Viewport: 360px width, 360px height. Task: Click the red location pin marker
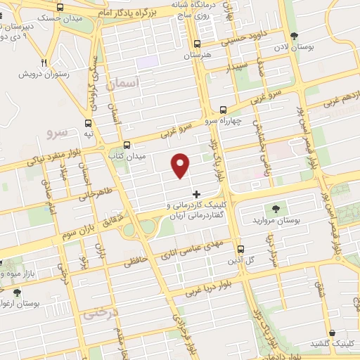[x=181, y=165]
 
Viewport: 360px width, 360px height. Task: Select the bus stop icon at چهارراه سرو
[x=223, y=110]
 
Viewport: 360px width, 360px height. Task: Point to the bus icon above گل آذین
[x=240, y=249]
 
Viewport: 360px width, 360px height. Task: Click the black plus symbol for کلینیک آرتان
[x=196, y=193]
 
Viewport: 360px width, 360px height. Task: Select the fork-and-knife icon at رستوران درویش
[x=44, y=61]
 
